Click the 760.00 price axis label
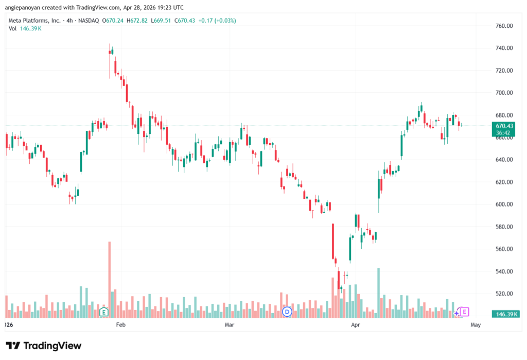504,26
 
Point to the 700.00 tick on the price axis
504,93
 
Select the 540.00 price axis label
504,271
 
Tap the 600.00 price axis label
504,204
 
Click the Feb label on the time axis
120,324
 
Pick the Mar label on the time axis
229,324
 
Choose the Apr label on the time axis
355,324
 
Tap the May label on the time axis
476,324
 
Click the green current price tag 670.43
503,129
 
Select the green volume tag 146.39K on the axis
505,314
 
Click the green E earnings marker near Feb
104,312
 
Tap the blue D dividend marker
287,312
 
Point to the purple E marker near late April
464,312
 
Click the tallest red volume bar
110,280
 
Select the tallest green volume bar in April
378,293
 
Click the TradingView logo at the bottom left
44,346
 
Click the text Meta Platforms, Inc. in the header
34,21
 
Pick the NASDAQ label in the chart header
89,21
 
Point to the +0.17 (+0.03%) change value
217,21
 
